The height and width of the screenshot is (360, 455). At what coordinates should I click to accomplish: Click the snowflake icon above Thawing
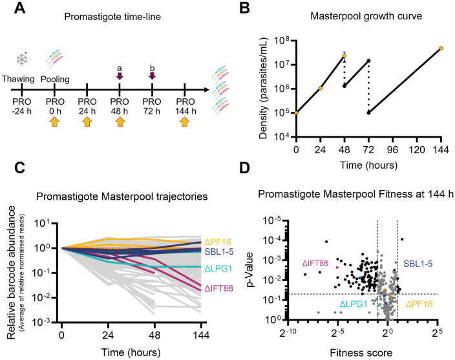pos(22,59)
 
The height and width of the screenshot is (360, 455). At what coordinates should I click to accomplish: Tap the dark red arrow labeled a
pos(120,76)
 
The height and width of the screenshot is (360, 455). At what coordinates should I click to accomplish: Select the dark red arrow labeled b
pos(152,76)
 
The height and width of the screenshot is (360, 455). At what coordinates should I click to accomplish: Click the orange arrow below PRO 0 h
pos(54,122)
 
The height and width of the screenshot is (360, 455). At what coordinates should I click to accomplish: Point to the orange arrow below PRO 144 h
pos(185,122)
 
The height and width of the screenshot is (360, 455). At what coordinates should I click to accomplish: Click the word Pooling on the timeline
pos(55,79)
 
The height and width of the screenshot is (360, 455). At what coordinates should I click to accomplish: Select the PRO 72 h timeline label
pos(152,106)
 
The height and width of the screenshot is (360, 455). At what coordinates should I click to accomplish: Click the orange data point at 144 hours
pos(441,48)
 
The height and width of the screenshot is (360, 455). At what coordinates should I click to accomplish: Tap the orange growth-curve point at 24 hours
pos(321,88)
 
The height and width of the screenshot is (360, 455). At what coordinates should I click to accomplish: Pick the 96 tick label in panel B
pos(392,150)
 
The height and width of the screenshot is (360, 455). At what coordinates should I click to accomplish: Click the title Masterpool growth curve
pos(366,16)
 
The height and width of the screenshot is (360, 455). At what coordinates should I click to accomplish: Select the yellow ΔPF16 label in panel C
pos(218,242)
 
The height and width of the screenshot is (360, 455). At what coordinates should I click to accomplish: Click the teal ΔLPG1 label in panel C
pos(218,269)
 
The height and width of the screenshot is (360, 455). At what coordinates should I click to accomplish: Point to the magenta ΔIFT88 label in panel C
pos(219,288)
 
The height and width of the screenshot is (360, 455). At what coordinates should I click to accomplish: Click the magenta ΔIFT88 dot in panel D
pos(337,268)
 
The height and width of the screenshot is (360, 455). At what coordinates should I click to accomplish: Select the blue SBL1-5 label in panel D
pos(418,264)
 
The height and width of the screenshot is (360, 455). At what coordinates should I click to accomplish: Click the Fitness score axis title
pos(361,353)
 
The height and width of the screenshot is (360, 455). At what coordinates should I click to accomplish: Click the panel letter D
pos(244,168)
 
